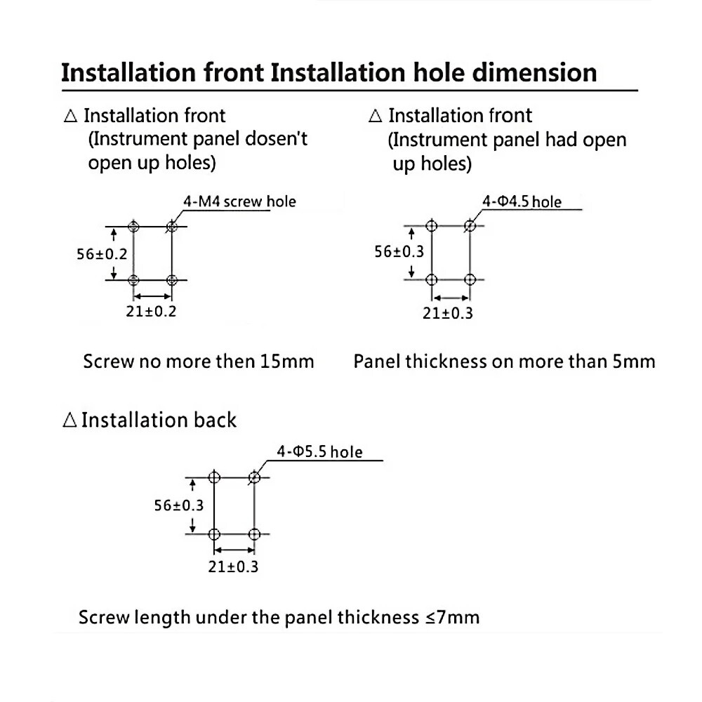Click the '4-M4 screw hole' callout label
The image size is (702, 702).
click(x=239, y=202)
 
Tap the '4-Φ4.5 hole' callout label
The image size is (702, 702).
click(x=522, y=202)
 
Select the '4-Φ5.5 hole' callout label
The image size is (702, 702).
click(x=319, y=452)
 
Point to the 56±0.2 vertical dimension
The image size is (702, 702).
click(x=102, y=254)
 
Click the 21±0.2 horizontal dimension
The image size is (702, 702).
click(x=152, y=311)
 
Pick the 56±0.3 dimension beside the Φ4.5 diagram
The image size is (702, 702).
click(x=399, y=251)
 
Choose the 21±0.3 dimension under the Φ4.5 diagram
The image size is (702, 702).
click(x=448, y=313)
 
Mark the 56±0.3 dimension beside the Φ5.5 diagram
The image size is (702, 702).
click(x=179, y=505)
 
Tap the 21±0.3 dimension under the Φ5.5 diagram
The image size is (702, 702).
click(x=233, y=567)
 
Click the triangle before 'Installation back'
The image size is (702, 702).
click(x=69, y=420)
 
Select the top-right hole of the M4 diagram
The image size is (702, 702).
click(x=171, y=227)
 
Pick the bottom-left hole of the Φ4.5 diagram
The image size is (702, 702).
click(x=432, y=279)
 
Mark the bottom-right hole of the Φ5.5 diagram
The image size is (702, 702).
click(x=254, y=534)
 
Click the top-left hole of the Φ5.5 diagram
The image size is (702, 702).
click(x=215, y=478)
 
